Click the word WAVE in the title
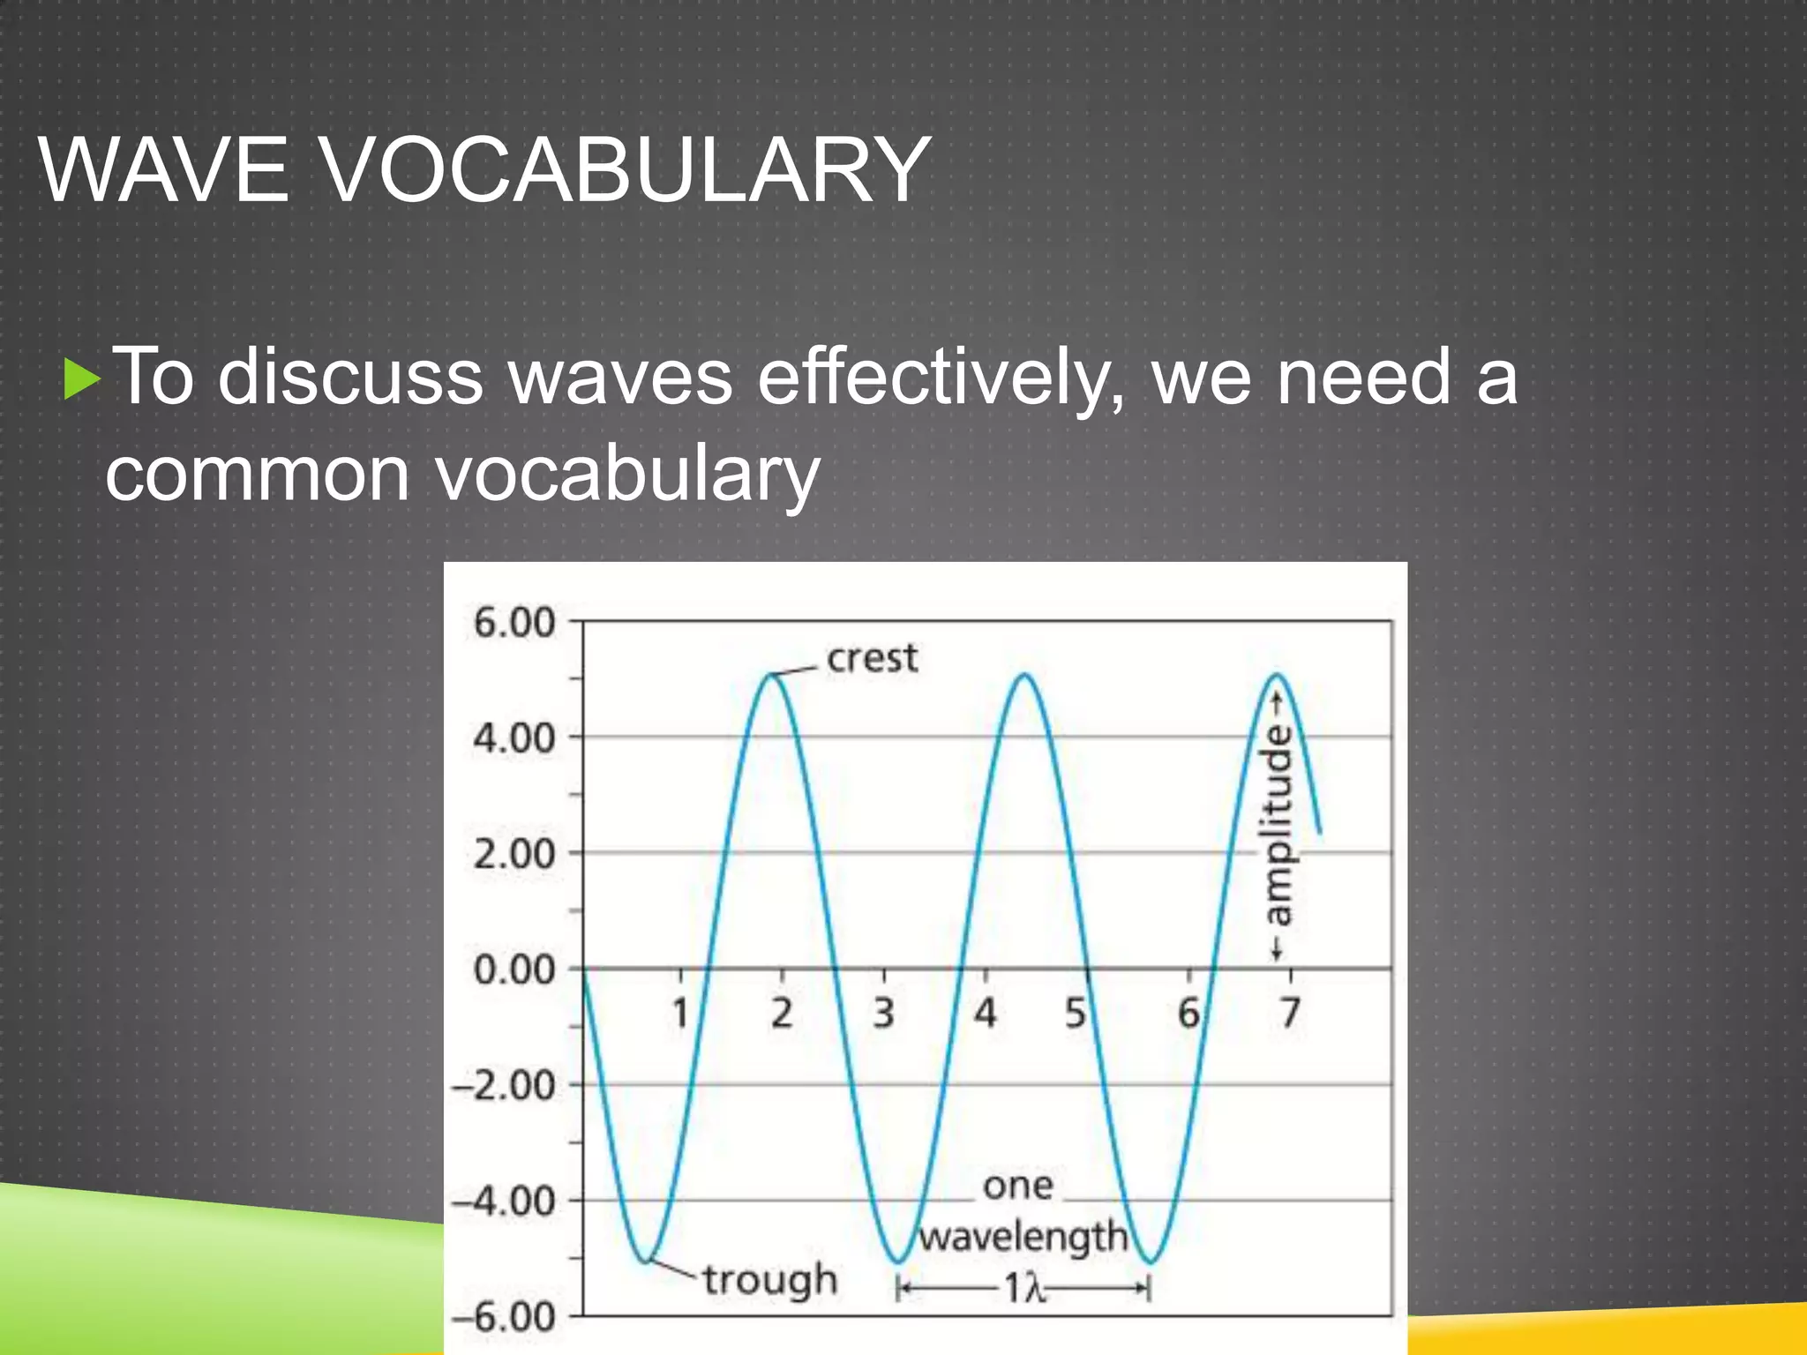click(164, 169)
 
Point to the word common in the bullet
click(258, 474)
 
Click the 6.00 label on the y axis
click(514, 623)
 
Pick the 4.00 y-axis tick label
click(514, 737)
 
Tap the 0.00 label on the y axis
click(514, 969)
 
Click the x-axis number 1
click(680, 1013)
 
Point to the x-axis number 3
click(883, 1013)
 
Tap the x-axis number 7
click(1290, 1013)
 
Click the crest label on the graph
click(872, 659)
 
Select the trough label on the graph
click(769, 1280)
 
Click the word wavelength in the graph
click(1023, 1237)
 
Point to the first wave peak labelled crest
click(772, 675)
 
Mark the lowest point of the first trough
click(647, 1261)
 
